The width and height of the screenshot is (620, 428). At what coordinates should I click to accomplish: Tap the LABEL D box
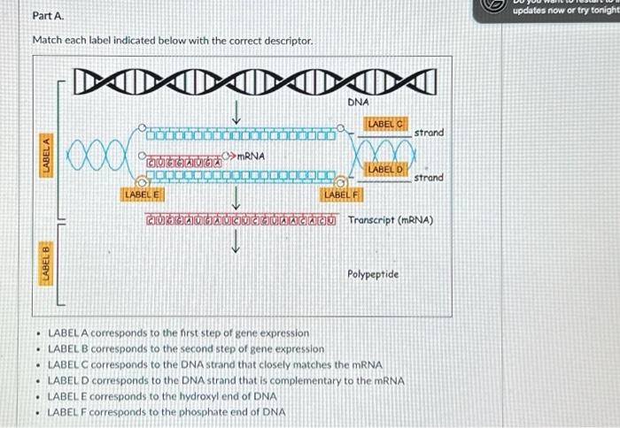click(386, 168)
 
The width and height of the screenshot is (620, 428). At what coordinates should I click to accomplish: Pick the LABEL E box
click(143, 193)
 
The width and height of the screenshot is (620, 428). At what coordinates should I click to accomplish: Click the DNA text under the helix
click(358, 103)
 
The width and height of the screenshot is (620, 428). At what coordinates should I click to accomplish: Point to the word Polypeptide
click(373, 275)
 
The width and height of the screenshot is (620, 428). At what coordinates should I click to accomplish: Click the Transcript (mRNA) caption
click(391, 220)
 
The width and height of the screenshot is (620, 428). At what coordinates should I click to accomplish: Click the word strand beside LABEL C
click(429, 133)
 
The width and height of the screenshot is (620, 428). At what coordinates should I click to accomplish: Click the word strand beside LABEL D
click(429, 178)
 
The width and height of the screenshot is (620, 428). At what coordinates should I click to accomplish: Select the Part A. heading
click(47, 16)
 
